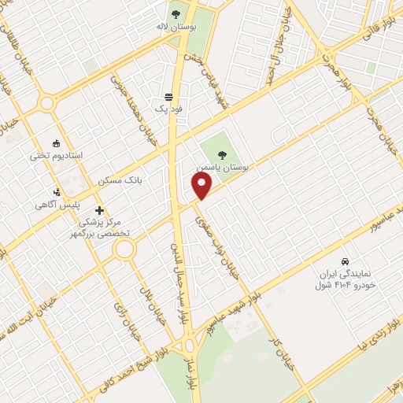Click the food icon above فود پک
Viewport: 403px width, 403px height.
168,94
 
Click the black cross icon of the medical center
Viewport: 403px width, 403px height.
99,210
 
